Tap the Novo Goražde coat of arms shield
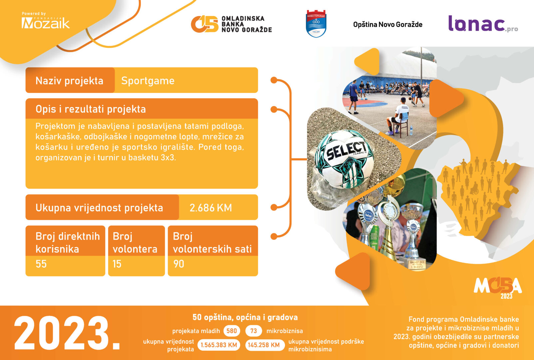316,23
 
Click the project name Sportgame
148,81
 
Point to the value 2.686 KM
211,208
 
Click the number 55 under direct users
41,264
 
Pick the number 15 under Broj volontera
117,264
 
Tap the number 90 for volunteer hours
179,264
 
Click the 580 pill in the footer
232,331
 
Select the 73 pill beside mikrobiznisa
254,331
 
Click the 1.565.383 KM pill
219,345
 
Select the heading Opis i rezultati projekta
91,109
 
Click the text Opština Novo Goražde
388,25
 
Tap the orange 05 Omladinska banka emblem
205,24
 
